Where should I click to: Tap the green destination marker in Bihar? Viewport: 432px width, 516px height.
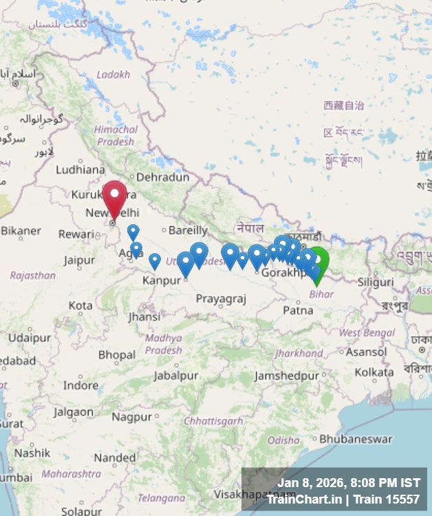point(317,263)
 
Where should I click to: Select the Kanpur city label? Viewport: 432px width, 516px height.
point(161,281)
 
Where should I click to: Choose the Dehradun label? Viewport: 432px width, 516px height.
point(162,178)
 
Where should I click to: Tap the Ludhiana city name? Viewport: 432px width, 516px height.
point(80,169)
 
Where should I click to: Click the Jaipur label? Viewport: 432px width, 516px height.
point(79,260)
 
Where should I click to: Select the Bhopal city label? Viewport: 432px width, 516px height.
point(117,355)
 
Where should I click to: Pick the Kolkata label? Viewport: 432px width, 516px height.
point(374,372)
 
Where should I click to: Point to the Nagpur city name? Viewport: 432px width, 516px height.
point(131,417)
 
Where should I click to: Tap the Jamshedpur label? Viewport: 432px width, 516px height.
point(287,376)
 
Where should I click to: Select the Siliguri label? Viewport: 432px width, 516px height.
point(376,283)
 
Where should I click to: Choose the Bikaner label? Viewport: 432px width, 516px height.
point(21,231)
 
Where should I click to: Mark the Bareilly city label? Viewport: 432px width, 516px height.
point(188,230)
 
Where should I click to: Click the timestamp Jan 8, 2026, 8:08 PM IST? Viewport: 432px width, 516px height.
point(348,483)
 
